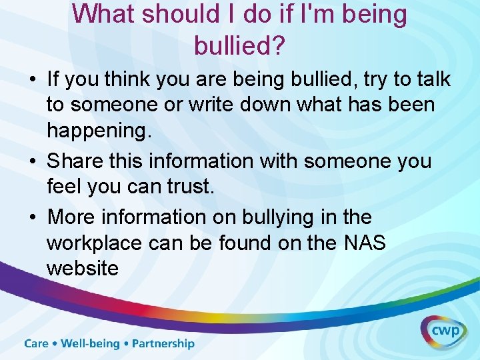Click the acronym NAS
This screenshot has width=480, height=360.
(365, 243)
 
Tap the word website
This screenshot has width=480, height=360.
(83, 268)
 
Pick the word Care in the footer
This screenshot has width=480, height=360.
(37, 344)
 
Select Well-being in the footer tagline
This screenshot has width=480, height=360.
(90, 344)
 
